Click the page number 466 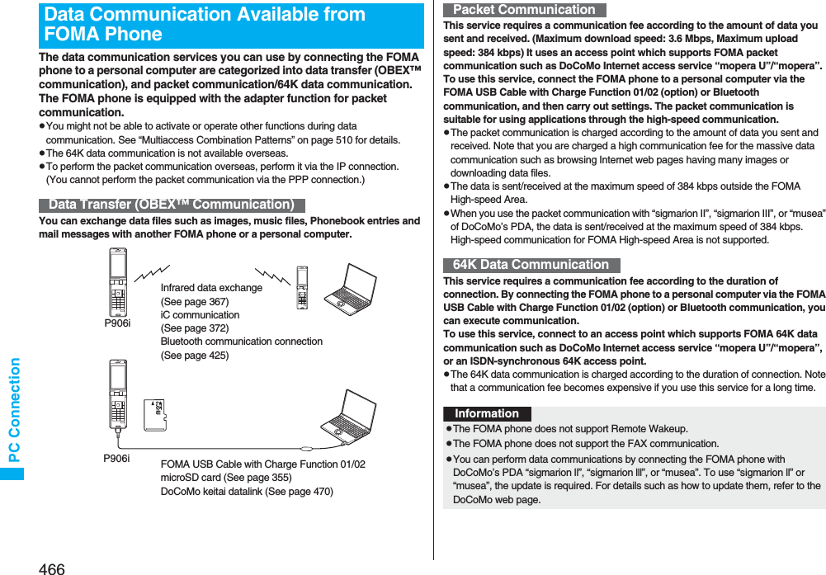coord(50,568)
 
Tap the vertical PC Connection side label coord(13,410)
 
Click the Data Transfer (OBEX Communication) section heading coord(172,205)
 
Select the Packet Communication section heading coord(524,10)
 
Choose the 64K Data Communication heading coord(531,265)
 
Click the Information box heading coord(487,414)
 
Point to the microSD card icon coord(155,416)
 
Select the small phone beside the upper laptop coord(302,288)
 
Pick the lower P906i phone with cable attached coord(118,396)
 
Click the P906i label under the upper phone coord(117,323)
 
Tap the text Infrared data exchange coord(211,288)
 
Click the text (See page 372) coord(194,328)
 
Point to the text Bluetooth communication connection coord(241,342)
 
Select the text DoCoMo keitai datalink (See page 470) coord(247,492)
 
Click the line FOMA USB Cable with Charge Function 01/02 coord(262,464)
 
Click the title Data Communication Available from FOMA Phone coord(205,25)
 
